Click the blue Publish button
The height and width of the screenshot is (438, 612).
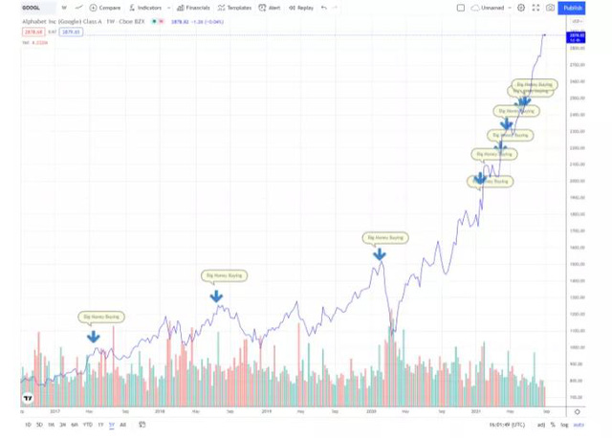(573, 8)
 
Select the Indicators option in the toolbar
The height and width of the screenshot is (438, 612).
(147, 8)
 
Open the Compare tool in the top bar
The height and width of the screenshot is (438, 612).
(106, 8)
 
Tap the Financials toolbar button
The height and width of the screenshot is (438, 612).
(194, 8)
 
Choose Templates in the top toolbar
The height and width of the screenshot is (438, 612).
(236, 8)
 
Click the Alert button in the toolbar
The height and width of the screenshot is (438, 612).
(272, 8)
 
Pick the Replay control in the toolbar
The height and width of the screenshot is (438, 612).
(302, 8)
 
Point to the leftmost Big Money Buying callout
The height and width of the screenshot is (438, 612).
(101, 316)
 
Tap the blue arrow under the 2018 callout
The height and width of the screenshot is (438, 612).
(217, 297)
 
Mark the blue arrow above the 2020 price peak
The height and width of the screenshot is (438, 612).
(380, 255)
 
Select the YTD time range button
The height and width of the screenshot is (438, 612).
(87, 425)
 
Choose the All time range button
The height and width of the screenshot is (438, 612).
(122, 425)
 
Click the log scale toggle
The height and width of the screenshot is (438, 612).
(564, 425)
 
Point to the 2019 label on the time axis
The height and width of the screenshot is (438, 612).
(266, 412)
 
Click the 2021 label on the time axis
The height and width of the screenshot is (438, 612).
(476, 412)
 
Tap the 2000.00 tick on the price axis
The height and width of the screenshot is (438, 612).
(576, 181)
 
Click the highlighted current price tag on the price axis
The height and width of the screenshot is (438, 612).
(576, 35)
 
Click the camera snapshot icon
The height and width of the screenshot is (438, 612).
(550, 8)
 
